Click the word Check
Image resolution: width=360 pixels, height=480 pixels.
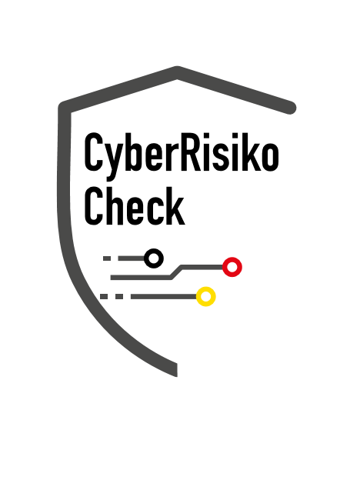click(135, 206)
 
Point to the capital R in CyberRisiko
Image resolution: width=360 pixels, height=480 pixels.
click(190, 152)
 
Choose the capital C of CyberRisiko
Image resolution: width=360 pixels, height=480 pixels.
click(93, 152)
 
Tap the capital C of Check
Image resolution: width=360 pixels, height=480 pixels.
click(93, 206)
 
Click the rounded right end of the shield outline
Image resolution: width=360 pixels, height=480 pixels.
click(290, 108)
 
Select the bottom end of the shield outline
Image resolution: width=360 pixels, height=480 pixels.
click(177, 370)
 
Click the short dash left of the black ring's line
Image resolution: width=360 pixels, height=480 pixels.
click(107, 258)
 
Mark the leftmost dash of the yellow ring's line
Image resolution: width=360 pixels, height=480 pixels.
click(104, 296)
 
